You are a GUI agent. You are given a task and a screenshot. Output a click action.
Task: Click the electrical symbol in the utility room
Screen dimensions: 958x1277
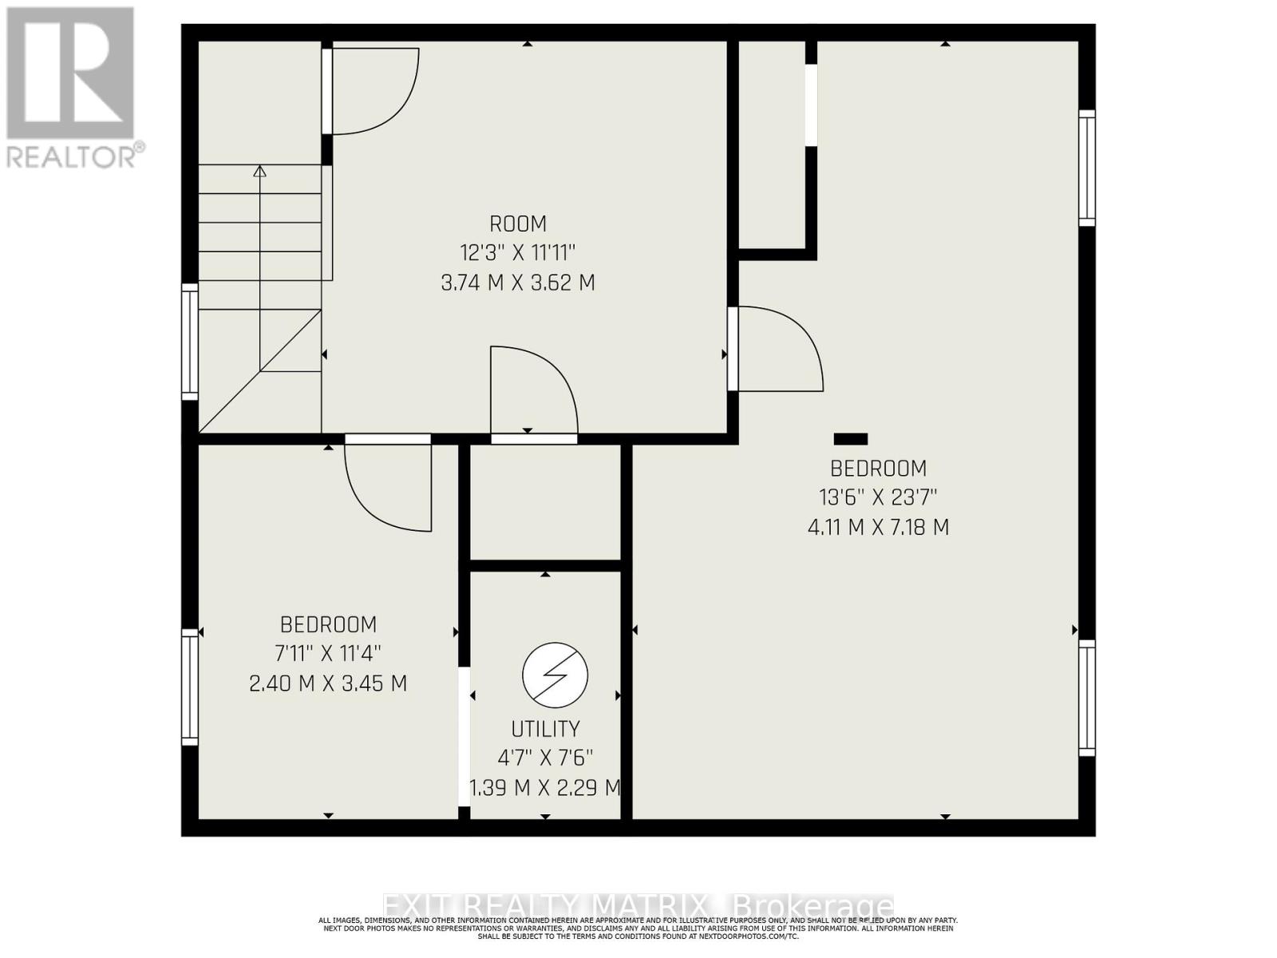(555, 675)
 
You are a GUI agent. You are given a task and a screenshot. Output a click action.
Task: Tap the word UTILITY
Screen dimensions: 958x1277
(545, 729)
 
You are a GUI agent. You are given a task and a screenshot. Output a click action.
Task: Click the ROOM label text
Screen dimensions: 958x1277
(518, 224)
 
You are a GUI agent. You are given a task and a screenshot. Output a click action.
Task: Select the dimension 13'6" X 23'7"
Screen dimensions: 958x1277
(878, 497)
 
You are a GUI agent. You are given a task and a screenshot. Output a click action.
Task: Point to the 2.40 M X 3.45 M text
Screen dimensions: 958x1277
(328, 684)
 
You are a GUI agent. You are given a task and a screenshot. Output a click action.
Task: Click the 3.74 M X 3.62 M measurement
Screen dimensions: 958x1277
(518, 283)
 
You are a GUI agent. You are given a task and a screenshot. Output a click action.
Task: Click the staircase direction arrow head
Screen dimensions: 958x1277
(259, 171)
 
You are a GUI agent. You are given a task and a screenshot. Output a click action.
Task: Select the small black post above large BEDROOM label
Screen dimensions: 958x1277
(850, 438)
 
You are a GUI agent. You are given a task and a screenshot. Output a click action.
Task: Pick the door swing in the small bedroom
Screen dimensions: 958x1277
(389, 487)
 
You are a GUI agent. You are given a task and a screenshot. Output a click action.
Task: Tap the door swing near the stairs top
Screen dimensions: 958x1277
(374, 90)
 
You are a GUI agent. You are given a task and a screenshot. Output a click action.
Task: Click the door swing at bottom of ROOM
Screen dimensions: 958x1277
(532, 391)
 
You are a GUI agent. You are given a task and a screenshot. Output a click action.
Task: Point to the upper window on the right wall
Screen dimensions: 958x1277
(1086, 168)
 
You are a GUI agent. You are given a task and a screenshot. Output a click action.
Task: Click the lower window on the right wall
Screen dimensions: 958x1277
(1086, 698)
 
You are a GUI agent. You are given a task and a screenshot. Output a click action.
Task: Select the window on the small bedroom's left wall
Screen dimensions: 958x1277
(190, 687)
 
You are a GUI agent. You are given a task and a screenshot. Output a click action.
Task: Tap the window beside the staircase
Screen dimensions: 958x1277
(190, 341)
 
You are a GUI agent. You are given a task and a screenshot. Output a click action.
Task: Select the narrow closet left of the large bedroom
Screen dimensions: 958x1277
(771, 144)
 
